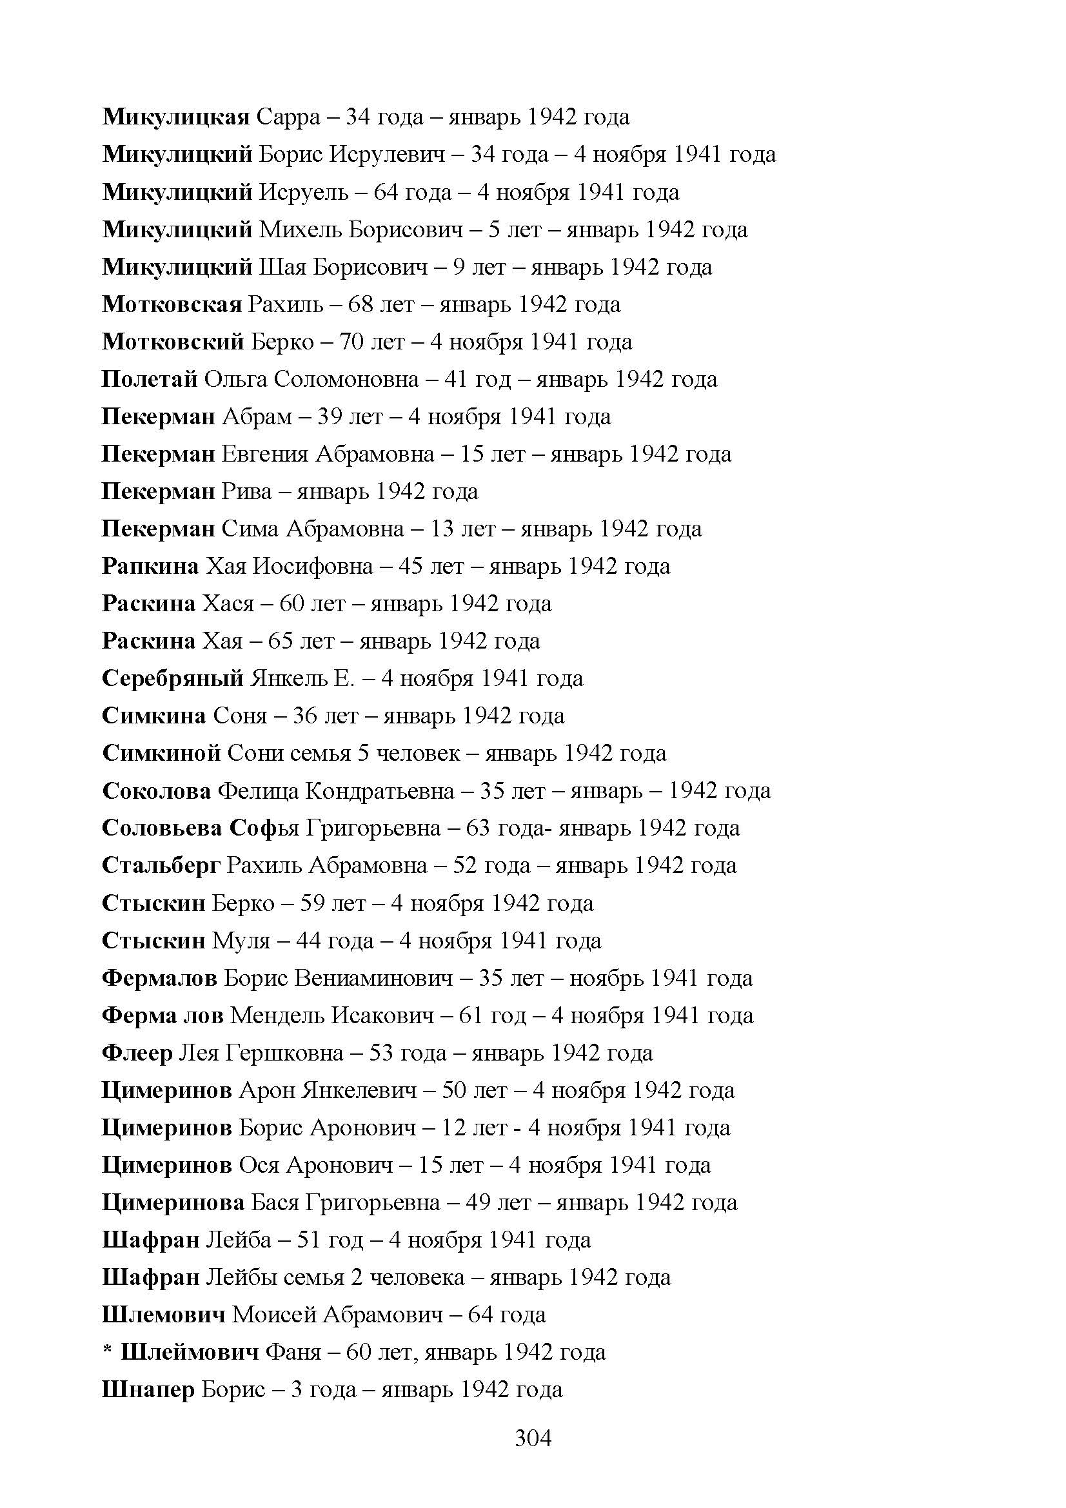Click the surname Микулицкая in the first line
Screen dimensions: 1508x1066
pyautogui.click(x=176, y=117)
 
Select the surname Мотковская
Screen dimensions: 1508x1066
pyautogui.click(x=172, y=305)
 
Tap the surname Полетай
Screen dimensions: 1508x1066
pyautogui.click(x=150, y=380)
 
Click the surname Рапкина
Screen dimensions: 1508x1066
pyautogui.click(x=150, y=566)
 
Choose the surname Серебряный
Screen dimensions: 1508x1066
pyautogui.click(x=173, y=678)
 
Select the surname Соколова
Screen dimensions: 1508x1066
pyautogui.click(x=156, y=791)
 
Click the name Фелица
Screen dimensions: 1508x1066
pyautogui.click(x=258, y=791)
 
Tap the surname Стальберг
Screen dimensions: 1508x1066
pyautogui.click(x=161, y=866)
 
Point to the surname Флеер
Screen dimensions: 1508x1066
pyautogui.click(x=137, y=1053)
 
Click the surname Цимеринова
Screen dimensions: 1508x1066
pyautogui.click(x=173, y=1202)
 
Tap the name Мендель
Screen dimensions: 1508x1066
pyautogui.click(x=277, y=1016)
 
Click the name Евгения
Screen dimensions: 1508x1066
pyautogui.click(x=264, y=455)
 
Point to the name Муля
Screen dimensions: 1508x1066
pyautogui.click(x=241, y=941)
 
